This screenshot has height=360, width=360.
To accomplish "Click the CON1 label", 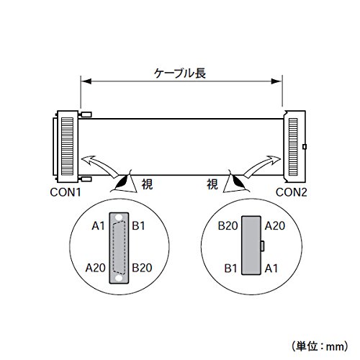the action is point(66,192).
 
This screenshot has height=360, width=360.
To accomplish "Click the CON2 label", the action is point(292,192).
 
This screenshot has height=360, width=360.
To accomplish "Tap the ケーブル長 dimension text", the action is point(180,73).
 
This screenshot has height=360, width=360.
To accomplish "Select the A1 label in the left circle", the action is point(99,226).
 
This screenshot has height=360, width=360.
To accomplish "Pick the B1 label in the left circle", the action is point(138,226).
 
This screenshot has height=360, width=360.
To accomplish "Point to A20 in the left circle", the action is point(95,268).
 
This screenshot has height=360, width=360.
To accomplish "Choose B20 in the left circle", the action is point(142,268).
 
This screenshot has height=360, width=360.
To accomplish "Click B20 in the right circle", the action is point(228,226).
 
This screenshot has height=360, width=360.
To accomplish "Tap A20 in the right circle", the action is point(275,226).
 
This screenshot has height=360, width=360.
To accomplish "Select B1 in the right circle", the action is point(231,269).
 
